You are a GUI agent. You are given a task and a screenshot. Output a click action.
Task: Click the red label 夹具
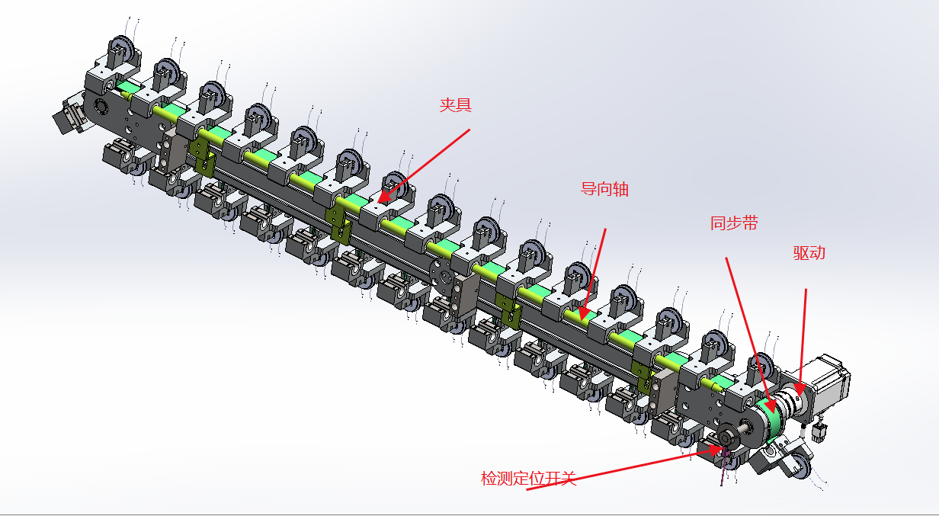pyautogui.click(x=455, y=104)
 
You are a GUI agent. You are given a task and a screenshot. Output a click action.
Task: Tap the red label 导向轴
pyautogui.click(x=604, y=189)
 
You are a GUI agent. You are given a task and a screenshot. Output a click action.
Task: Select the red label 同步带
pyautogui.click(x=734, y=223)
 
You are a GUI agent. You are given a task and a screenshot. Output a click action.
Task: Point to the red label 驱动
pyautogui.click(x=809, y=253)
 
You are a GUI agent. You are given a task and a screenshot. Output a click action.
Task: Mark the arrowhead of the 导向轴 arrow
pyautogui.click(x=582, y=316)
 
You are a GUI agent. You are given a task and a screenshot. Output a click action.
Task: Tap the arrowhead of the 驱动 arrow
pyautogui.click(x=800, y=392)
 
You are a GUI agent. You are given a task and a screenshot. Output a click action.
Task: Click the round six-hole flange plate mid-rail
pyautogui.click(x=442, y=277)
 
